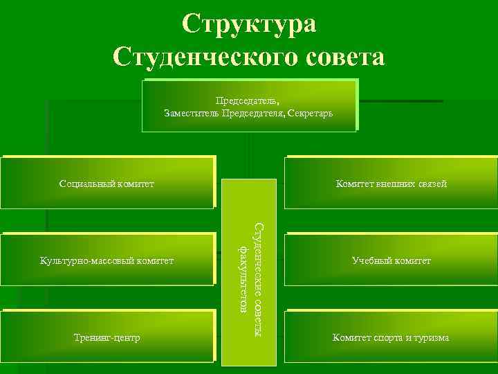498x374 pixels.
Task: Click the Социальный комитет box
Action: click(107, 184)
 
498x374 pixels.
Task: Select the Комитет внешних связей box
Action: click(391, 184)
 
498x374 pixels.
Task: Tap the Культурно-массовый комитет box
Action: click(107, 260)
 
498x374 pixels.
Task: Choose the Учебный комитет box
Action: click(391, 260)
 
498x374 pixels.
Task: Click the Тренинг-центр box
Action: click(107, 337)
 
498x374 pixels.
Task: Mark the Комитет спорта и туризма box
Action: click(391, 337)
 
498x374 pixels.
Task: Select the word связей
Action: click(432, 184)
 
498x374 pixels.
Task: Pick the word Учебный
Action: click(369, 260)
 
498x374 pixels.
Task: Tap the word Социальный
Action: click(84, 184)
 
